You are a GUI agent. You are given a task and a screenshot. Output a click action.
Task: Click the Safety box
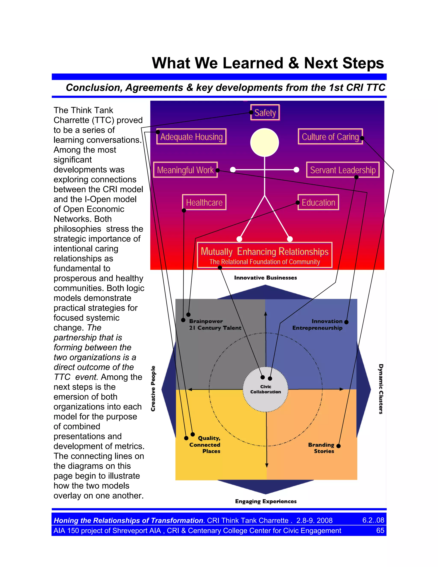(265, 112)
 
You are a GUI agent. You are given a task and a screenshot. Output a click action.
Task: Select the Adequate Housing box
(191, 137)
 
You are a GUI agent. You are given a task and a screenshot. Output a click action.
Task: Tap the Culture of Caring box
(330, 137)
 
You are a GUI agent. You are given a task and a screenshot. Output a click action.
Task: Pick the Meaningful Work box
(185, 170)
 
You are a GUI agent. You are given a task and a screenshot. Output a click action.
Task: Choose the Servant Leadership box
(343, 170)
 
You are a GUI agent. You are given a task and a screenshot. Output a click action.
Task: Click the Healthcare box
(204, 202)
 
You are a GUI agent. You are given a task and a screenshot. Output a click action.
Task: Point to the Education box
(318, 202)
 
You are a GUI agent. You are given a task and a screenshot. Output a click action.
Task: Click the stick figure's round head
(264, 142)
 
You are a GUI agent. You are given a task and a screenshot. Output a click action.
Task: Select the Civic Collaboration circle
(265, 389)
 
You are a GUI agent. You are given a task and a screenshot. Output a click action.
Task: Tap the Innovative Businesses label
(265, 278)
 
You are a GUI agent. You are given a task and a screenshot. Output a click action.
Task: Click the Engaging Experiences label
(266, 501)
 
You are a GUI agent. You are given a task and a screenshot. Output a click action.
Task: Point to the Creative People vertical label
(153, 389)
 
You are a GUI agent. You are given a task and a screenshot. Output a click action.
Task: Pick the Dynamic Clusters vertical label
(381, 389)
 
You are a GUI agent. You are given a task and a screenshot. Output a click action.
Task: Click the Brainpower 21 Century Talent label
(215, 325)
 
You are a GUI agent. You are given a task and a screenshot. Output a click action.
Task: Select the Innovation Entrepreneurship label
(317, 325)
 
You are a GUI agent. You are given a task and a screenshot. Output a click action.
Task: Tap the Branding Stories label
(321, 448)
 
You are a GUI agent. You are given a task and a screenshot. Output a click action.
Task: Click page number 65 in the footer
(380, 530)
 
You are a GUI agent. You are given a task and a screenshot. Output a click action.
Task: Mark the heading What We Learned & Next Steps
(268, 63)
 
